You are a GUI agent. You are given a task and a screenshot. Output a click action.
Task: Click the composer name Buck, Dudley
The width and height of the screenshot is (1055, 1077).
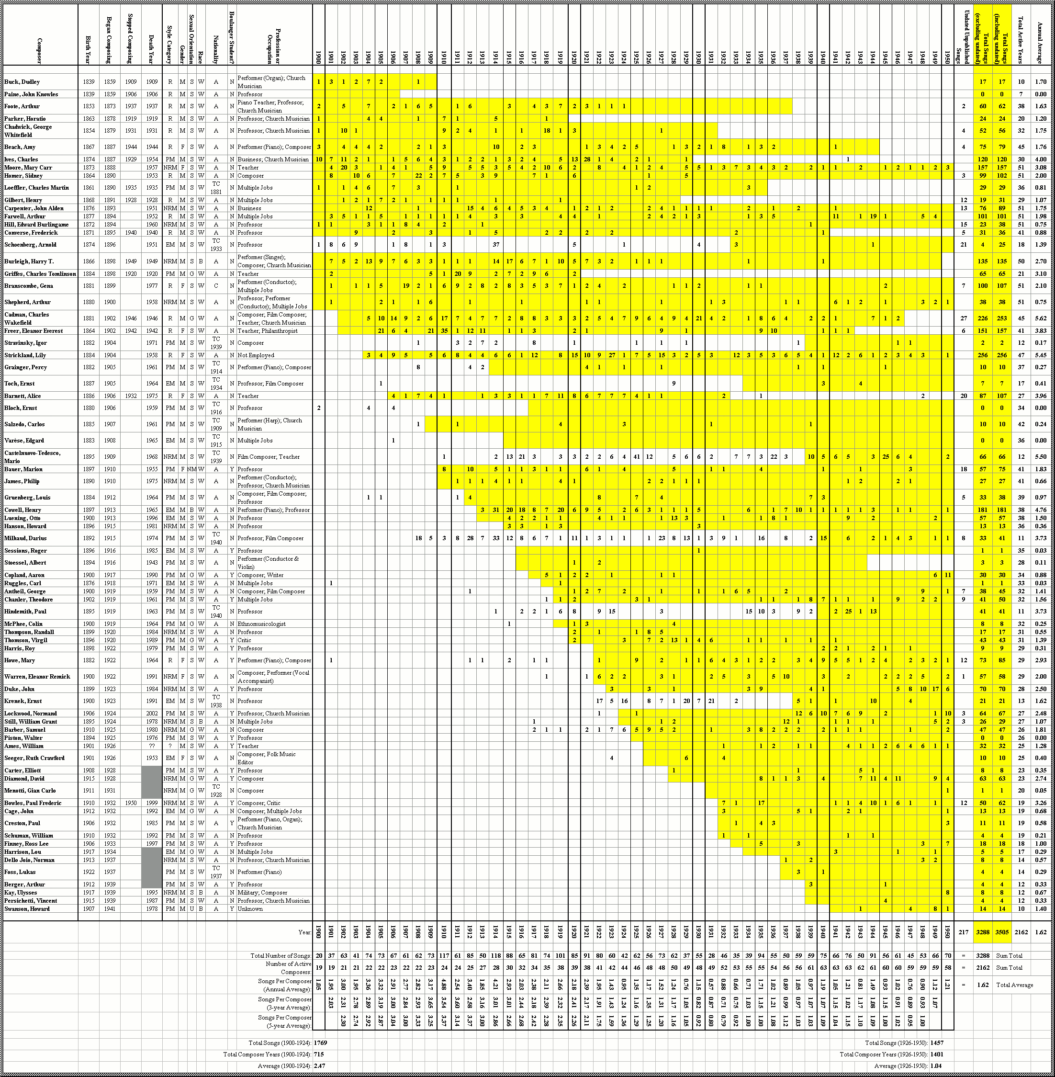click(x=22, y=82)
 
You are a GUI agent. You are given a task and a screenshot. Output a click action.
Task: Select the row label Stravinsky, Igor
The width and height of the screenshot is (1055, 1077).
click(x=25, y=343)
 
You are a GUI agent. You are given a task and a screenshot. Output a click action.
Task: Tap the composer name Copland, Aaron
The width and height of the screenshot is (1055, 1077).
click(x=24, y=575)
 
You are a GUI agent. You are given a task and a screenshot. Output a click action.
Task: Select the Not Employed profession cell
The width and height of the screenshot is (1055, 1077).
click(x=256, y=355)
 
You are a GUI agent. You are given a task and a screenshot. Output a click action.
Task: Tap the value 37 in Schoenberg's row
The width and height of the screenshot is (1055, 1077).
click(x=496, y=244)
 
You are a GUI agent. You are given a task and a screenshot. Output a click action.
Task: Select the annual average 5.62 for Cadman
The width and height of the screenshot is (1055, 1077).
click(x=1041, y=319)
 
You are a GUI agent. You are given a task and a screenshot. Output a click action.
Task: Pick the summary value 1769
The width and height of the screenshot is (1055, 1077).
click(x=320, y=1043)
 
